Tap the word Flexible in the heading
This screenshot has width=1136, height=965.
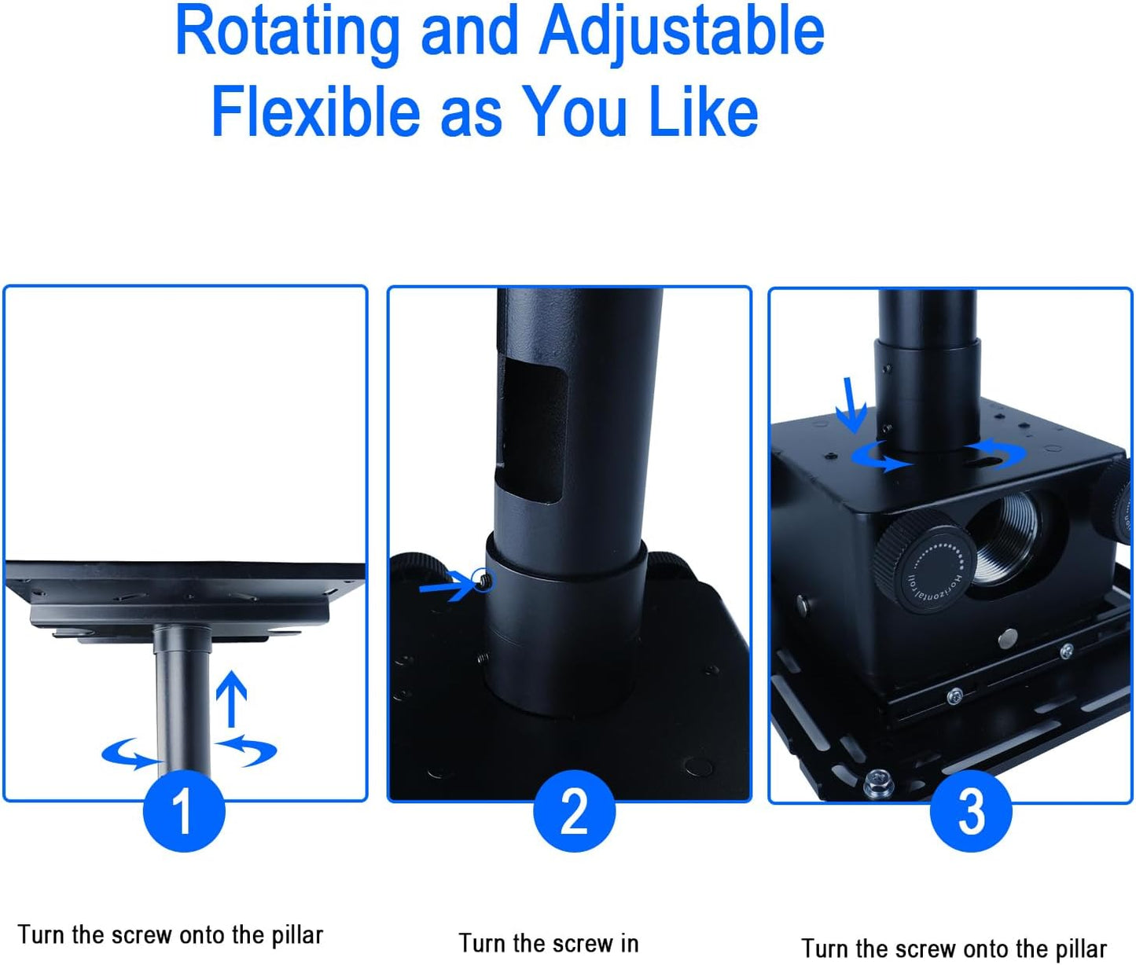pyautogui.click(x=315, y=112)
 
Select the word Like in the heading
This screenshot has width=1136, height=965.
pyautogui.click(x=703, y=112)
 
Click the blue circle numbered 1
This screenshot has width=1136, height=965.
pyautogui.click(x=184, y=811)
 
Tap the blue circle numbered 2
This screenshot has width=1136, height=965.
pyautogui.click(x=574, y=811)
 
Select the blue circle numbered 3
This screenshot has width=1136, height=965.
pyautogui.click(x=970, y=811)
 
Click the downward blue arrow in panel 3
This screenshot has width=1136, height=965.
pyautogui.click(x=852, y=405)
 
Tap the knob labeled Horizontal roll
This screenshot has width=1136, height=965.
pyautogui.click(x=926, y=563)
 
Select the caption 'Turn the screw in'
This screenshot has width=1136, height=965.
pyautogui.click(x=549, y=943)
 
